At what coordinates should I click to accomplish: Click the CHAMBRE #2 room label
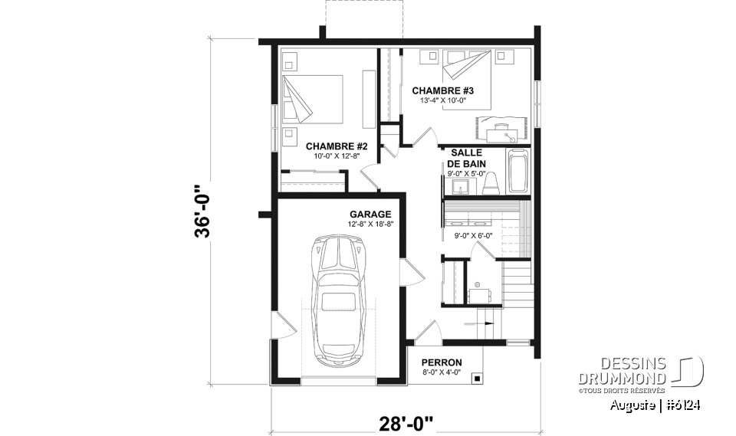(337, 146)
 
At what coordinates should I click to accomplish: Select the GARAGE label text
(370, 215)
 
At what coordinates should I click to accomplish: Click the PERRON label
(441, 362)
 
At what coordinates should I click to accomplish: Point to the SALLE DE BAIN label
(465, 158)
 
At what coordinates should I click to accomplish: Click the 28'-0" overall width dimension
(406, 423)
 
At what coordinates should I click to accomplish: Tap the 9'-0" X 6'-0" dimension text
(473, 235)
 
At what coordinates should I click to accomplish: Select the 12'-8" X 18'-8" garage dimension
(370, 225)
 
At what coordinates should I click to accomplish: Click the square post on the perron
(477, 378)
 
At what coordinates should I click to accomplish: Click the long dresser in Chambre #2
(369, 99)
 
